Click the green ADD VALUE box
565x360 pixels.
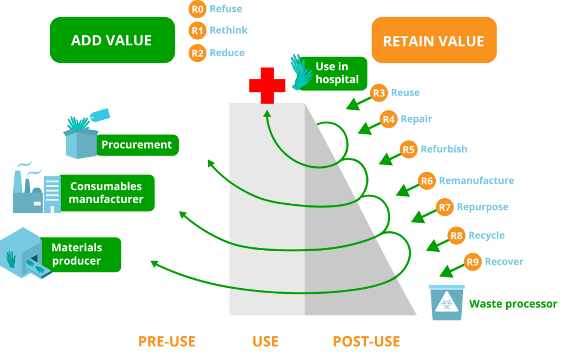tap(112, 40)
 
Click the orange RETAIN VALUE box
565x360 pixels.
tap(434, 40)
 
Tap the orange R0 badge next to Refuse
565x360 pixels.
tap(197, 9)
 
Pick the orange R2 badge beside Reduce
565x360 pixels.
tap(197, 53)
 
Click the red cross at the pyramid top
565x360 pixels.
tap(267, 84)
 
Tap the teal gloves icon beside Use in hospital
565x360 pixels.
tap(301, 71)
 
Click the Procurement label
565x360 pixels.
tap(137, 145)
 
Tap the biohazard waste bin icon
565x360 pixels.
tap(447, 302)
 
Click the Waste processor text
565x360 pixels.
tap(513, 304)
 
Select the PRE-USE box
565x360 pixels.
tap(167, 341)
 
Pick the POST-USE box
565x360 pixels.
tap(366, 341)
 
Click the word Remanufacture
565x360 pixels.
tap(476, 181)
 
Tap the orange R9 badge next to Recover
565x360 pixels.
tap(473, 262)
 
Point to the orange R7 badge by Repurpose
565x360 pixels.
tap(445, 208)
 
